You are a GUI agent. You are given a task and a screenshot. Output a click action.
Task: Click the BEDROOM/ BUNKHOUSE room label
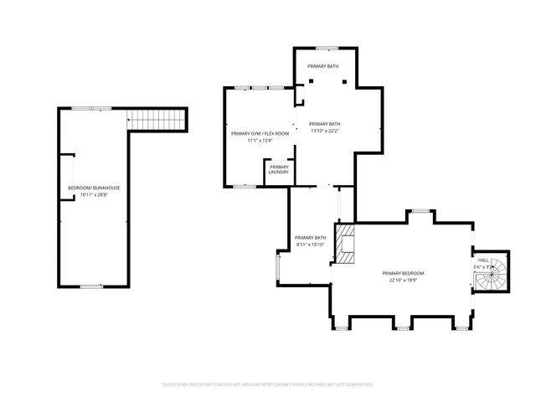[x=94, y=188]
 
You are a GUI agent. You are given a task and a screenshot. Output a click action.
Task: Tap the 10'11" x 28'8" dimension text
[x=94, y=195]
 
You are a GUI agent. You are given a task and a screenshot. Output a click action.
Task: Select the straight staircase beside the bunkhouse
[x=156, y=120]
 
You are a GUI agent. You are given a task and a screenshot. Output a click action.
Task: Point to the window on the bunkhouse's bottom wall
[x=91, y=286]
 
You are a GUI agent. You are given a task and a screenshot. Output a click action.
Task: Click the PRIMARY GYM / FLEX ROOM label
[x=260, y=133]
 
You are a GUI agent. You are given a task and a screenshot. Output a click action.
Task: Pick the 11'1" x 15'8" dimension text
[x=260, y=141]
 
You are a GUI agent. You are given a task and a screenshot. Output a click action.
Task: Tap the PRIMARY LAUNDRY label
[x=279, y=169]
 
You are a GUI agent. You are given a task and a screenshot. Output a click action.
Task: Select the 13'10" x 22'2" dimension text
[x=325, y=131]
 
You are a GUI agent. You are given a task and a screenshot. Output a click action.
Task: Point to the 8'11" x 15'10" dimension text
[x=311, y=245]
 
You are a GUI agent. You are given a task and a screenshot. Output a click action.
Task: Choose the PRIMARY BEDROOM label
[x=403, y=274]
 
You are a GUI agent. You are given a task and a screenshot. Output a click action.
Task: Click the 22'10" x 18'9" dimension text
[x=403, y=281]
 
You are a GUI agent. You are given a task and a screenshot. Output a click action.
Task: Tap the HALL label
[x=483, y=260]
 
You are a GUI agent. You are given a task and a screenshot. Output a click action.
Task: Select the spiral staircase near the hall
[x=496, y=274]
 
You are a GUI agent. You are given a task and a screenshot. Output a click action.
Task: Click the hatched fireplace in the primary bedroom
[x=345, y=243]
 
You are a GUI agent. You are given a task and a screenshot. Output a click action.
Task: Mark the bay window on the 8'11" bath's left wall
[x=278, y=267]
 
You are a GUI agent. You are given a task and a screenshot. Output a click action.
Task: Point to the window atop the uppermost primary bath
[x=327, y=48]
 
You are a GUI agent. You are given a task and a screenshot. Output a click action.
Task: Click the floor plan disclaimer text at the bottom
[x=267, y=384]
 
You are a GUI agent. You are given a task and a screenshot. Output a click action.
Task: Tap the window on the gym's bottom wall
[x=245, y=187]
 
